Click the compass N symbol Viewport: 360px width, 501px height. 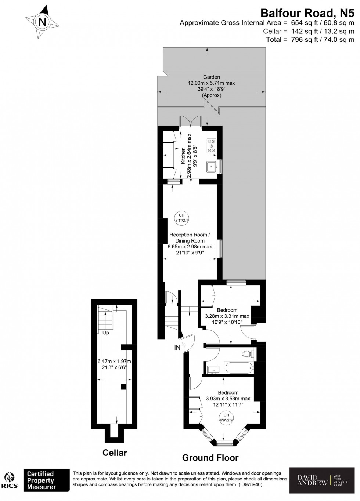tap(42, 22)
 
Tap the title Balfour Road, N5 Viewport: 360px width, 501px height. tap(307, 13)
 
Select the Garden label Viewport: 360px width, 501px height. tap(212, 77)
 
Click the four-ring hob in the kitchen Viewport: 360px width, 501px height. tap(211, 145)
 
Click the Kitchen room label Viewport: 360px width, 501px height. tap(183, 156)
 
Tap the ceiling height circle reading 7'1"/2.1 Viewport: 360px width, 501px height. tap(181, 218)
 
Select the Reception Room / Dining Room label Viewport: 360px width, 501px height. tap(190, 238)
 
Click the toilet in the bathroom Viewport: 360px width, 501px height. tap(248, 354)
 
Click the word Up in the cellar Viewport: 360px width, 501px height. tap(105, 333)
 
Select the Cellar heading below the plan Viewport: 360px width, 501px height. tap(115, 453)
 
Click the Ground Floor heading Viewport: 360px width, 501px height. tap(210, 458)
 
